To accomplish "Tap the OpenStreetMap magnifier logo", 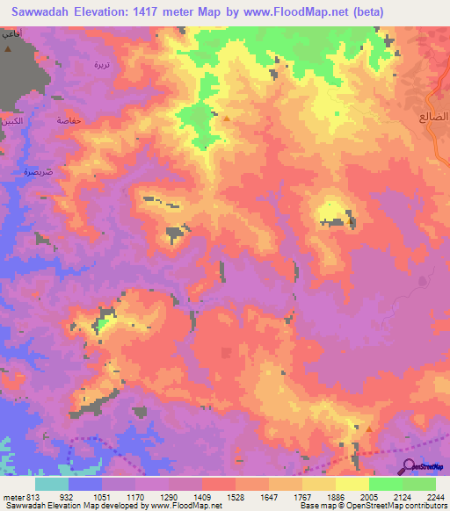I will (x=408, y=466).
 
